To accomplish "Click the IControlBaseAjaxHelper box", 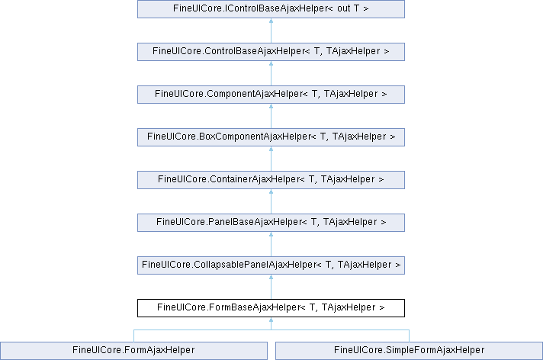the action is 271,9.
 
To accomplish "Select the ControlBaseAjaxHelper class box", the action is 271,52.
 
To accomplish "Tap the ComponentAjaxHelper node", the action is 271,95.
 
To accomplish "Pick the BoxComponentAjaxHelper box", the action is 271,137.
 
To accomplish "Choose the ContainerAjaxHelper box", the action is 271,180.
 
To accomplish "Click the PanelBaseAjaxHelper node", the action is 271,223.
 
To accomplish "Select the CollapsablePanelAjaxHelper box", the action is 271,265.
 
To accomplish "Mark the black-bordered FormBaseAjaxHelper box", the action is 271,308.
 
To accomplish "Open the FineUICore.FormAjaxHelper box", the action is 133,351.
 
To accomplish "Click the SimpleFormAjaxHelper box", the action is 409,351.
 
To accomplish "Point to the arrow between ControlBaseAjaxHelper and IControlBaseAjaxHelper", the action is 271,31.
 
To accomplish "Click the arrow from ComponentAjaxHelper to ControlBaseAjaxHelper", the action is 271,73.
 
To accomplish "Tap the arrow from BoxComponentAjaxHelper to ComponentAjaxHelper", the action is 271,116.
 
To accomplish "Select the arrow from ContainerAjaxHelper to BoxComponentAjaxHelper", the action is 271,159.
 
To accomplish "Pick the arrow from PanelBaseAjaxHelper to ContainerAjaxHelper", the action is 271,201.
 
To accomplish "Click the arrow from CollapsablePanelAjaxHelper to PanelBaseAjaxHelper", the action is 271,244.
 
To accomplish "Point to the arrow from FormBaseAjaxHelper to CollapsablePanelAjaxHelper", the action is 271,287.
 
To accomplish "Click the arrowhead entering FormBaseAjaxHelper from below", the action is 271,320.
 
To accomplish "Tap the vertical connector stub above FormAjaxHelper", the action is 133,336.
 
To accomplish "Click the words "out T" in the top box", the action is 348,8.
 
